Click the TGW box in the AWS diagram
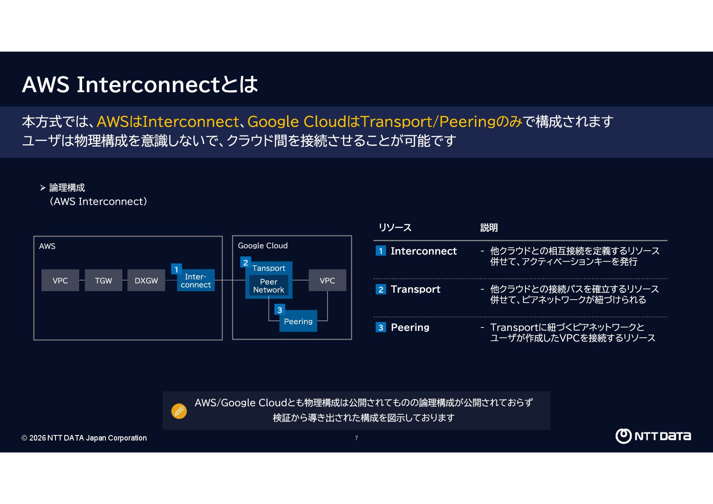tap(103, 281)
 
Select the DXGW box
tap(146, 281)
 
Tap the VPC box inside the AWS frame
tap(60, 281)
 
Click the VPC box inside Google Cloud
tap(327, 281)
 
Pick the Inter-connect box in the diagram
tap(196, 281)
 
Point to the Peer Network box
tap(268, 286)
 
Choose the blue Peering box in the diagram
tap(298, 322)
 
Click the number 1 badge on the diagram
tap(177, 269)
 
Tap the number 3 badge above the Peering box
tap(279, 310)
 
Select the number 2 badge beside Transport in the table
tap(381, 289)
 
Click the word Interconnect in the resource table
tap(423, 251)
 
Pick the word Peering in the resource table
tap(410, 328)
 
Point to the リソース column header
tap(395, 228)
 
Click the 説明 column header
tap(489, 228)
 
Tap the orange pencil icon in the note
tap(179, 411)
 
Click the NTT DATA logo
tap(653, 436)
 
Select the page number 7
tap(356, 438)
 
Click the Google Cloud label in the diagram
tap(263, 246)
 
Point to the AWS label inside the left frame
tap(47, 246)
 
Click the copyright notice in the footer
tap(84, 438)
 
